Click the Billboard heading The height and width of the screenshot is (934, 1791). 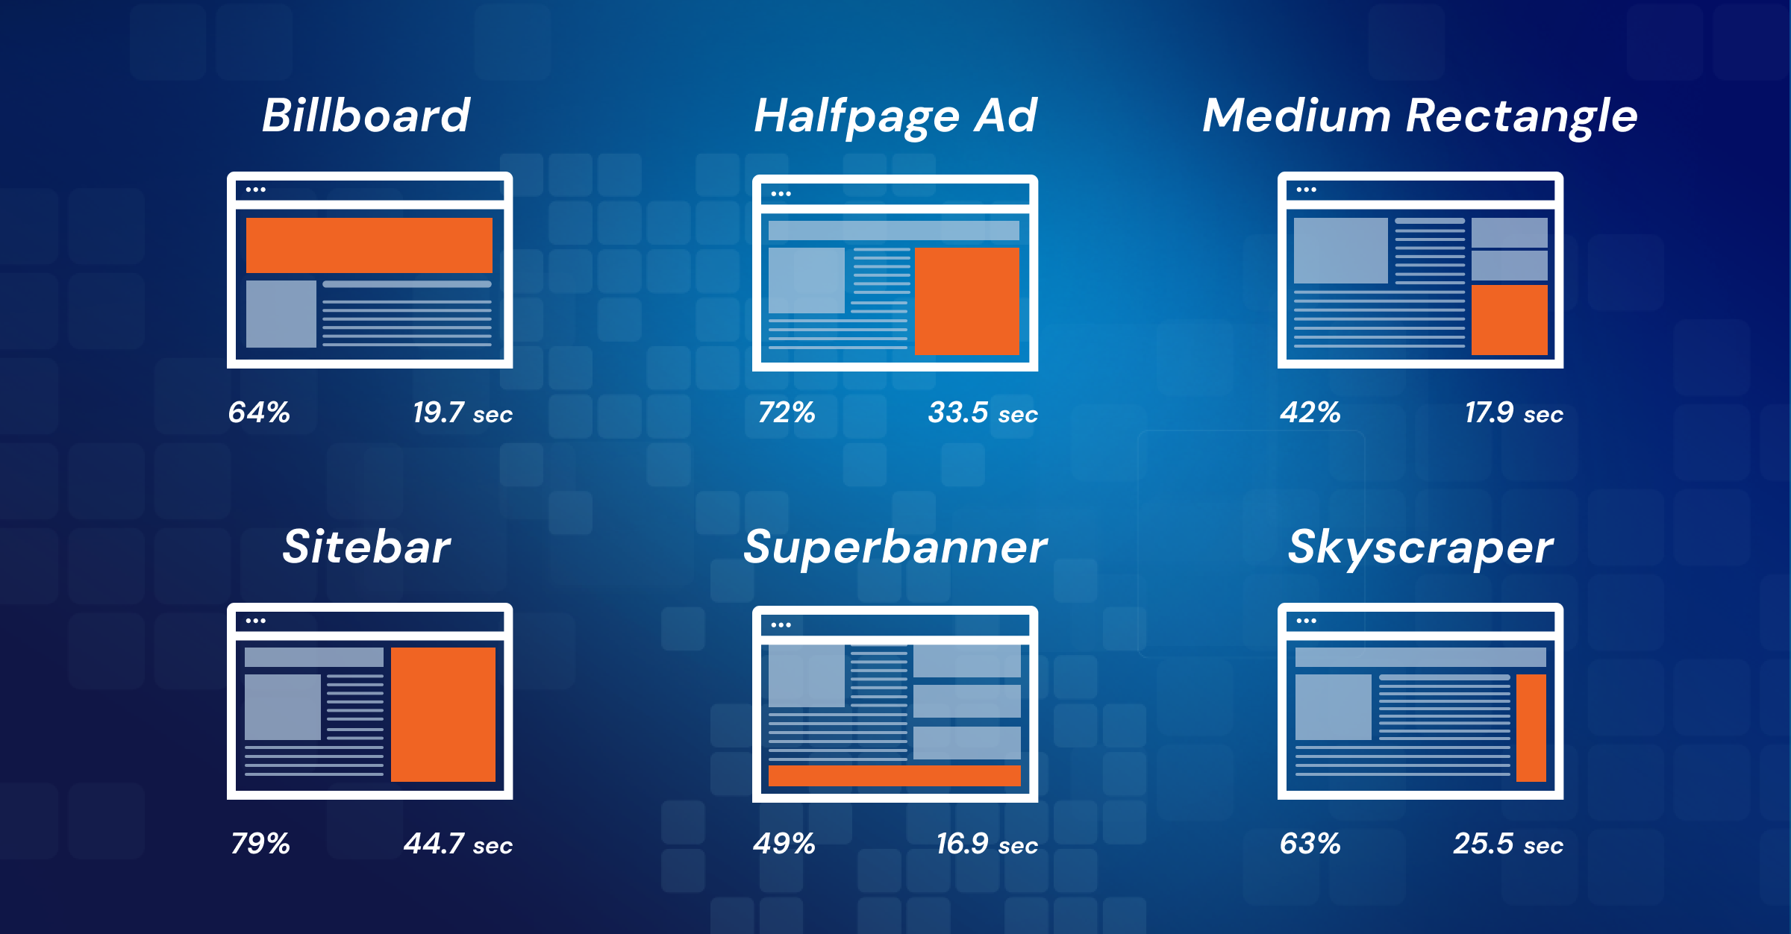(366, 116)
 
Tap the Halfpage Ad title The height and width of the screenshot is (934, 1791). (895, 116)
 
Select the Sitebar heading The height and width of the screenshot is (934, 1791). (366, 547)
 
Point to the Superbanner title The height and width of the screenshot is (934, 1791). (895, 548)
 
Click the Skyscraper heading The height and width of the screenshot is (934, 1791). (1420, 548)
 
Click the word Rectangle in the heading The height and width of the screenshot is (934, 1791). (1522, 116)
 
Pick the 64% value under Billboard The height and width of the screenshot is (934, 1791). (258, 413)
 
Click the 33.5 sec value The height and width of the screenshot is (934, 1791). (982, 413)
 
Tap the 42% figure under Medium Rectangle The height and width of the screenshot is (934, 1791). (1310, 413)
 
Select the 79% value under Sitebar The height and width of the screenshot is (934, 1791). (260, 844)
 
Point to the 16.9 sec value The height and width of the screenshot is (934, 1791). (987, 844)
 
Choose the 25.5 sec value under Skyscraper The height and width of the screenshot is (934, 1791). (1507, 844)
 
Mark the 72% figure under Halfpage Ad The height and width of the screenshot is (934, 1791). (786, 413)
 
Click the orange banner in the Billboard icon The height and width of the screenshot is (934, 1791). (369, 245)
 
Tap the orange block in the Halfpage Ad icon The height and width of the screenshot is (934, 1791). (966, 301)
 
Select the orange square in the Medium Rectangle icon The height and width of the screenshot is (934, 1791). (1509, 319)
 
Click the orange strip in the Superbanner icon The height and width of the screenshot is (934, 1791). (894, 775)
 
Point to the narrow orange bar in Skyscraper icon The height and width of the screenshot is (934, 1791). (1531, 727)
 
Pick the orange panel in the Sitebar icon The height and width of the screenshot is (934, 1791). (443, 714)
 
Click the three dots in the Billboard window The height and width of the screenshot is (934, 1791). (256, 189)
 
